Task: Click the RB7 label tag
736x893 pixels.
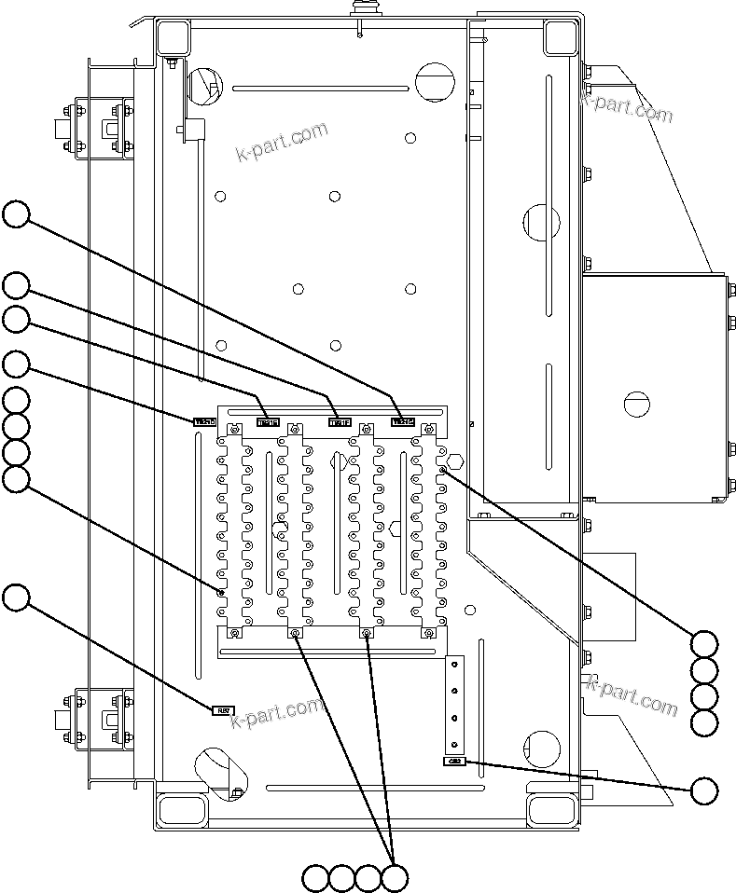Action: [x=223, y=710]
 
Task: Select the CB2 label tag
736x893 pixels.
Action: [x=454, y=762]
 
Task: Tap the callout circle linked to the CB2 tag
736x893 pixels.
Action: [x=705, y=790]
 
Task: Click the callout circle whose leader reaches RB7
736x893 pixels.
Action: [x=16, y=598]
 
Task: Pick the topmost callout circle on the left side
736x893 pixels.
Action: [x=16, y=214]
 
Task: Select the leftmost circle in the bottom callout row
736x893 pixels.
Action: [x=316, y=877]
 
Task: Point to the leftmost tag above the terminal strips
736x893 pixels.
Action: [x=204, y=422]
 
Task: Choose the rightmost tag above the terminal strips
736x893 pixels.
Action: [x=402, y=422]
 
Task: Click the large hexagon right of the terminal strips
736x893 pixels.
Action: [x=454, y=460]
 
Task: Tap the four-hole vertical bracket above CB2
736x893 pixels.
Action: [x=454, y=705]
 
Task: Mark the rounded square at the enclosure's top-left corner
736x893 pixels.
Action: [x=174, y=37]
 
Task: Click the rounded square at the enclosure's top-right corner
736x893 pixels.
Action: [x=559, y=37]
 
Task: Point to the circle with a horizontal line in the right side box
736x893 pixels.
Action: [x=635, y=403]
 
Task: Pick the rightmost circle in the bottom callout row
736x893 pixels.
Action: [x=396, y=877]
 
